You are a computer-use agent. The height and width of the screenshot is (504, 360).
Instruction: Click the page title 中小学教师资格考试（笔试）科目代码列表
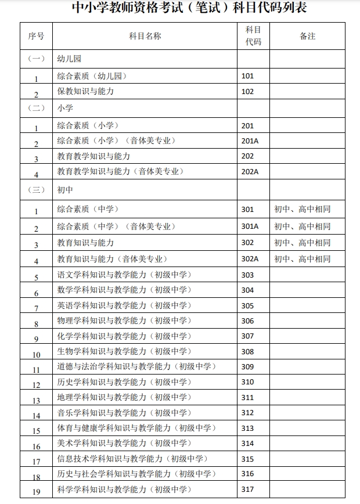point(180,8)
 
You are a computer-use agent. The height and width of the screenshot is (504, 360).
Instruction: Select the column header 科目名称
point(145,36)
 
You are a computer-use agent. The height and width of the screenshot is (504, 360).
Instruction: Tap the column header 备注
point(307,36)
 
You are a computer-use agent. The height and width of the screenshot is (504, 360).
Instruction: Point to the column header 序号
point(36,36)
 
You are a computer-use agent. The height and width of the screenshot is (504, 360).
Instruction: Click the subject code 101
point(248,75)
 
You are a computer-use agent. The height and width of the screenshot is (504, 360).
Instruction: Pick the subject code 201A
point(250,141)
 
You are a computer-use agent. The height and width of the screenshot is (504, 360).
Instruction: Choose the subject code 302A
point(250,259)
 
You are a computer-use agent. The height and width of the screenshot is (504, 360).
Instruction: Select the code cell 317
point(248,489)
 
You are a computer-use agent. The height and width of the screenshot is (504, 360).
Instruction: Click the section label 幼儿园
point(69,59)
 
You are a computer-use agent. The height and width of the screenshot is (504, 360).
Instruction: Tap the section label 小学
point(65,108)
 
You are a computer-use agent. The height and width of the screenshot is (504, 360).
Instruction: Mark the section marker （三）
point(36,189)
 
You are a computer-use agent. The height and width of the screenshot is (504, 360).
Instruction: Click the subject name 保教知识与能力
point(85,92)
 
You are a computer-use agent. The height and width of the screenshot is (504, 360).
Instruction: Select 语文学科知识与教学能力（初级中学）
point(124,275)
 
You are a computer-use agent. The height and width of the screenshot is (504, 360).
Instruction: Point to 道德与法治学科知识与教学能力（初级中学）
point(136,366)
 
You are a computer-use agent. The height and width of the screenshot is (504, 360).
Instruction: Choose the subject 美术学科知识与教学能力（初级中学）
point(124,443)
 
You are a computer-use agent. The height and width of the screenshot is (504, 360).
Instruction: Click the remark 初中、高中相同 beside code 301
point(302,210)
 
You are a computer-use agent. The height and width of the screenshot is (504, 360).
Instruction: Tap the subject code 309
point(248,366)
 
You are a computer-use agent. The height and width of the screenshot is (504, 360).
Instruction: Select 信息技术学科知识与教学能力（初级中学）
point(132,459)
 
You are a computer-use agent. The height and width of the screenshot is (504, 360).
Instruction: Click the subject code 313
point(248,428)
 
